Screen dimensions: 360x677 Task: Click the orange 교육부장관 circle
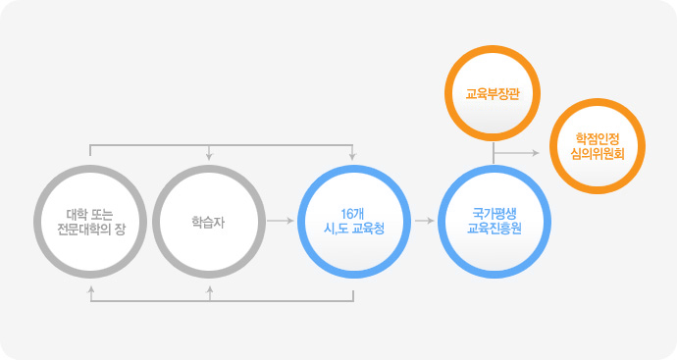(493, 95)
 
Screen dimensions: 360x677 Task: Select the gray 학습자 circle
(209, 221)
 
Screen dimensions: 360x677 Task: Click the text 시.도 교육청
(351, 228)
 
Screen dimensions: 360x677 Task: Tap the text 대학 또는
(89, 213)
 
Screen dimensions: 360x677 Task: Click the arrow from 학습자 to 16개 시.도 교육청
(280, 221)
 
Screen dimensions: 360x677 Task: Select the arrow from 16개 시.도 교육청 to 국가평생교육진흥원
(424, 221)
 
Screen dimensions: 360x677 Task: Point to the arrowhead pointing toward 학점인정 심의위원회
(535, 153)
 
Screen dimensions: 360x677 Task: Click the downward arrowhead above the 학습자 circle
(209, 156)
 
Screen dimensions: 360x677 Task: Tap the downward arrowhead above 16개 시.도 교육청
(351, 156)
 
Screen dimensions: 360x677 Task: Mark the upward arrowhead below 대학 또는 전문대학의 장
(90, 290)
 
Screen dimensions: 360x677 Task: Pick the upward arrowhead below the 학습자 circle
(209, 290)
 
